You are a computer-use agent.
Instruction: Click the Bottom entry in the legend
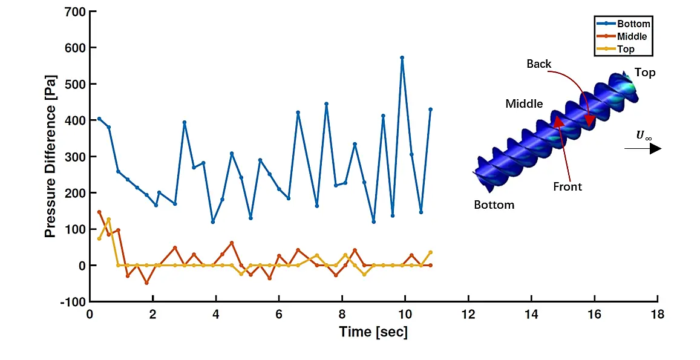point(633,24)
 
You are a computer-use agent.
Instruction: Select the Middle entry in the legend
point(632,37)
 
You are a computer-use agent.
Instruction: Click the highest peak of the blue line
point(402,57)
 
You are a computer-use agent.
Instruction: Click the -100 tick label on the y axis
point(71,302)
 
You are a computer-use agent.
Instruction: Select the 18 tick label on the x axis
point(657,315)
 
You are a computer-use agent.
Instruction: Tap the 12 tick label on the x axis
point(468,315)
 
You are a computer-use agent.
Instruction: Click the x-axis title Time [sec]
point(373,332)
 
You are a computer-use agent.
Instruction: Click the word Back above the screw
point(538,64)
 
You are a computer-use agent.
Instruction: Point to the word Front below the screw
point(568,186)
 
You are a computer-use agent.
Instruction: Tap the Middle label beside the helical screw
point(524,104)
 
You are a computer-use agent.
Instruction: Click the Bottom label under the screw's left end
point(494,205)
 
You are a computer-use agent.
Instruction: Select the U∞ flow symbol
point(643,136)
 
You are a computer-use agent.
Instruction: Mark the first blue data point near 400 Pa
point(99,119)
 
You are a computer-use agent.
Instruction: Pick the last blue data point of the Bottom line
point(430,110)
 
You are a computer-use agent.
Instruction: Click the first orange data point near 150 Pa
point(99,212)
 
